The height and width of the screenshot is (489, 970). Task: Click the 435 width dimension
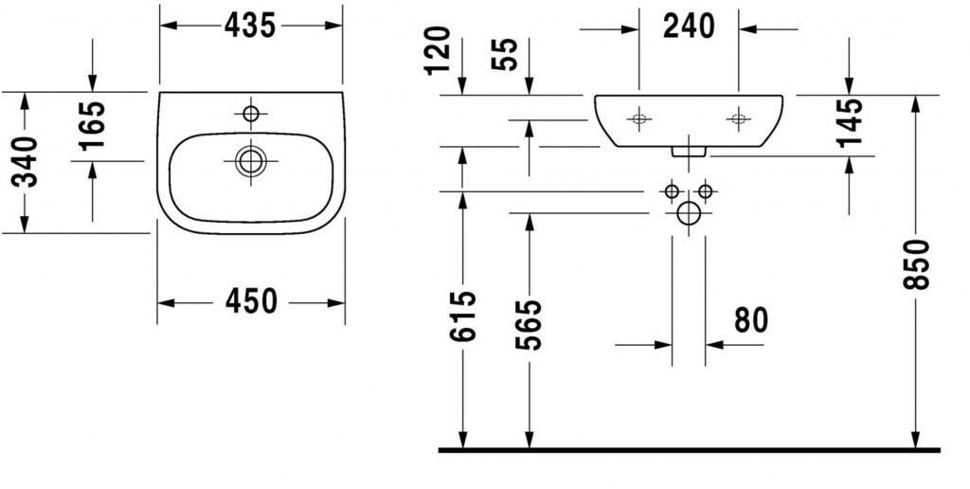click(x=250, y=26)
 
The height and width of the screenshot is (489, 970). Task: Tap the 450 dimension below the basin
click(x=251, y=302)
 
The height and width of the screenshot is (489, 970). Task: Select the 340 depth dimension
click(x=26, y=162)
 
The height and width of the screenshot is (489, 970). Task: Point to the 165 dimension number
click(x=92, y=126)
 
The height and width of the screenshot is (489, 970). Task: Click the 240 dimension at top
click(x=689, y=26)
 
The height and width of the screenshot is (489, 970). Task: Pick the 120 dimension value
click(x=438, y=50)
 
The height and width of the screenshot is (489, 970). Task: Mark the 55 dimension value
click(x=505, y=54)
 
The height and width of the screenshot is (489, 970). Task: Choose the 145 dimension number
click(x=849, y=122)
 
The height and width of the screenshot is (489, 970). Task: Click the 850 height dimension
click(x=916, y=264)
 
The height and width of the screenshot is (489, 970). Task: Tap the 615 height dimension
click(x=463, y=316)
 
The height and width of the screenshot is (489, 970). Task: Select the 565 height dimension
click(x=530, y=325)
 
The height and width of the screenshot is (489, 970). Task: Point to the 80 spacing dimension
click(x=751, y=320)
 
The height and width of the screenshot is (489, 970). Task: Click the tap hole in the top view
click(x=250, y=114)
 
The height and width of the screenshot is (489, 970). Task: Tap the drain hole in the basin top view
click(x=250, y=161)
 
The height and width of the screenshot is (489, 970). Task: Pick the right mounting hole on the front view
click(x=738, y=118)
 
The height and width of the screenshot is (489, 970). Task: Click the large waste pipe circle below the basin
click(x=689, y=213)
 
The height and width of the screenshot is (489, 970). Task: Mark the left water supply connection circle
click(x=672, y=191)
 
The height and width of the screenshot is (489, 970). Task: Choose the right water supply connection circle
click(x=705, y=191)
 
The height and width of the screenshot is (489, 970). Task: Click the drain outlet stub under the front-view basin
click(x=689, y=152)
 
